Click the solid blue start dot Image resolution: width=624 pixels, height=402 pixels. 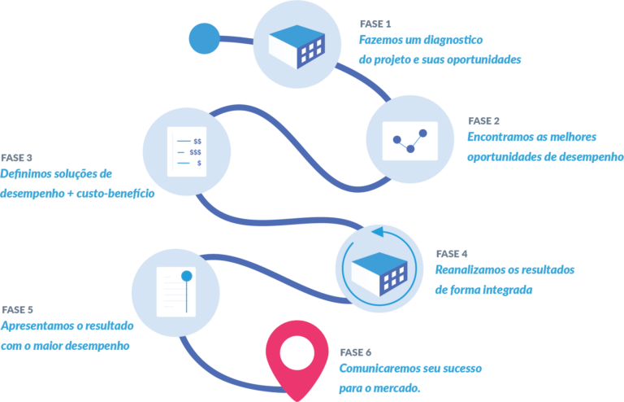tap(204, 37)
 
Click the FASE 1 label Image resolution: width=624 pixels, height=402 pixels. tap(375, 24)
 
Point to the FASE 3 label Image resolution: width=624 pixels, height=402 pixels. tap(17, 157)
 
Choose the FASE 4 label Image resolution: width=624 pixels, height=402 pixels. tap(452, 253)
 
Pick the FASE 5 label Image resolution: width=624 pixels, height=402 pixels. tap(17, 310)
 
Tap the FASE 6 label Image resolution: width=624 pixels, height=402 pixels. tap(355, 352)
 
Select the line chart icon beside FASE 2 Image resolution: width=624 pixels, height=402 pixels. tap(410, 140)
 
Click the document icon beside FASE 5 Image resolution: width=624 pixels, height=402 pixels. tap(175, 293)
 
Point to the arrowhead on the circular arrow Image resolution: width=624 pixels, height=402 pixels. tap(377, 232)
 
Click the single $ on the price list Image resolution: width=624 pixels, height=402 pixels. tap(199, 164)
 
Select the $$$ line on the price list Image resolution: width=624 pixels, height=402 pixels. tap(196, 152)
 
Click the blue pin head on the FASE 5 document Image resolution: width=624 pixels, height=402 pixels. tap(188, 277)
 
